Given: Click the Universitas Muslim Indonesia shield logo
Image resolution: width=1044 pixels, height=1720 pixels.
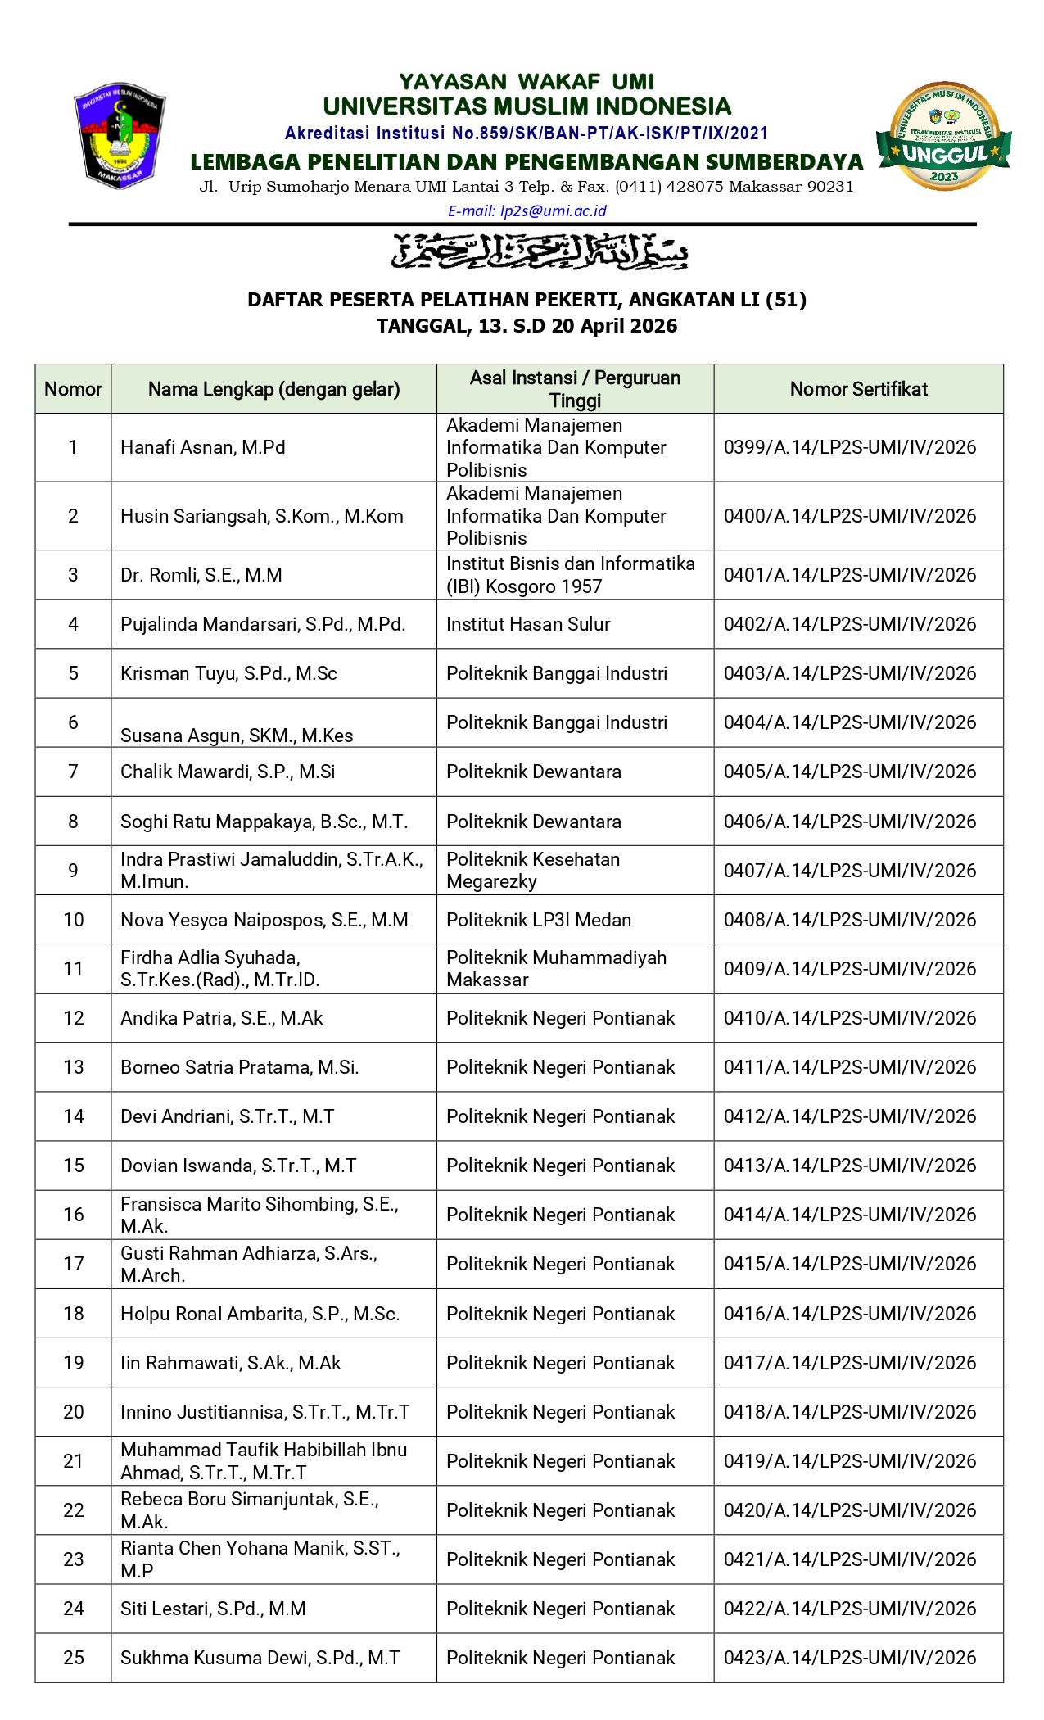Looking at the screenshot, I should tap(120, 135).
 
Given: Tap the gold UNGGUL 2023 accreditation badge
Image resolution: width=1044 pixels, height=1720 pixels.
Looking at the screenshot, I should tap(943, 136).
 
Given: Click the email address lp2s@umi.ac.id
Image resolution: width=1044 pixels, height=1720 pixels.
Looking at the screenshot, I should tap(527, 211).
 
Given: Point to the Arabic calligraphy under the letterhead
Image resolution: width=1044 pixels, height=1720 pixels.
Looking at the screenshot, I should tap(539, 251).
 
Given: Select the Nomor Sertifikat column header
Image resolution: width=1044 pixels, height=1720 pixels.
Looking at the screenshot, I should tap(858, 389).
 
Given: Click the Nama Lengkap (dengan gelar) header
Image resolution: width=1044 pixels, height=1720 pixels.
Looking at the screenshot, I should tap(273, 389).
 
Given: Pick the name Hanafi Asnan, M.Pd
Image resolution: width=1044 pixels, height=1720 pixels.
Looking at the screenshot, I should tap(202, 447).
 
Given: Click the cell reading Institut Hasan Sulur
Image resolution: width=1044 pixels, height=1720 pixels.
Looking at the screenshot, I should tap(528, 624).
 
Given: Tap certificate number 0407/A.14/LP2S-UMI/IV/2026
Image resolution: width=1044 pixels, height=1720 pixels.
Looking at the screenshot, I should tap(850, 871).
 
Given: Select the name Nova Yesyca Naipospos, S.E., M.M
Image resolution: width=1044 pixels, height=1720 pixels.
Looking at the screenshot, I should tap(264, 920).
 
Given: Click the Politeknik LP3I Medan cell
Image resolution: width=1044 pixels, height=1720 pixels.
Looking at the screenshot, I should tap(538, 920).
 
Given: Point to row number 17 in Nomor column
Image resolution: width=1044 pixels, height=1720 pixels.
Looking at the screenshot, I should tap(74, 1264).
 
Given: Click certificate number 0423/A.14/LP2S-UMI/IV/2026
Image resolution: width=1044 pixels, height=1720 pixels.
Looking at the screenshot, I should tap(850, 1658).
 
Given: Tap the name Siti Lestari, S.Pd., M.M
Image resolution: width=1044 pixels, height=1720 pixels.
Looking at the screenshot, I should tap(213, 1609).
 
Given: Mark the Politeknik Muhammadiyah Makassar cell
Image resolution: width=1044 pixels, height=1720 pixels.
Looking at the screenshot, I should tap(556, 969).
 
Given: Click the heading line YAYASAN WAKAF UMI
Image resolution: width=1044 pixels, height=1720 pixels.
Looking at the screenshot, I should tap(527, 82).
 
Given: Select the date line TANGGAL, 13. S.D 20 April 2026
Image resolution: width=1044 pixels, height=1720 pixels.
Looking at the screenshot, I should tap(527, 326).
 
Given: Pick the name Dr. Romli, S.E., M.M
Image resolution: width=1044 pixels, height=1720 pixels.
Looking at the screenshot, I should tap(201, 575).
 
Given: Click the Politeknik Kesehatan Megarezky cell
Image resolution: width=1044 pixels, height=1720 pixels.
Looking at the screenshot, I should tap(532, 871).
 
